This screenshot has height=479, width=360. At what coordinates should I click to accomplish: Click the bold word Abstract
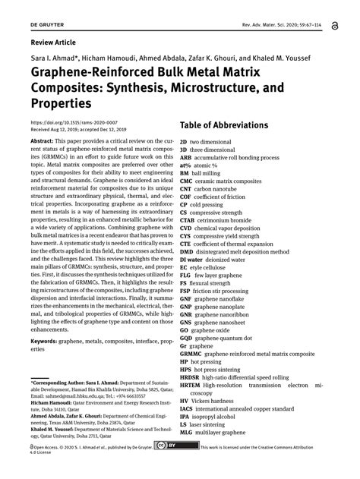coord(41,141)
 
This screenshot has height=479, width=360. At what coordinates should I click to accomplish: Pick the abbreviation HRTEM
coord(191,386)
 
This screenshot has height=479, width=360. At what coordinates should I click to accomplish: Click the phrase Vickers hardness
coord(218,401)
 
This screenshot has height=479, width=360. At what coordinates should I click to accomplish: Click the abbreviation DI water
coord(194,260)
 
